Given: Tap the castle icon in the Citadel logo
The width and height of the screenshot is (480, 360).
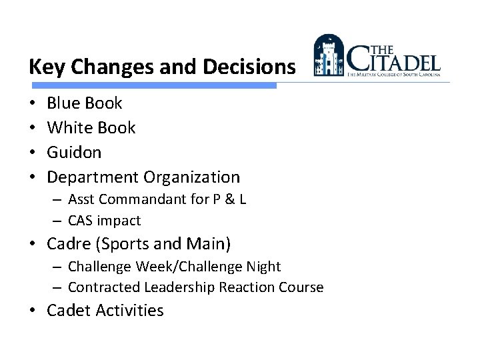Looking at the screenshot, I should [329, 56].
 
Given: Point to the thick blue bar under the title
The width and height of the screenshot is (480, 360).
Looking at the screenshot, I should [153, 85].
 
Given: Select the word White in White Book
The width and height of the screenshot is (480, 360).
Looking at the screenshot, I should [71, 127].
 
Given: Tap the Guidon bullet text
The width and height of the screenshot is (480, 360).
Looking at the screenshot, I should [74, 152].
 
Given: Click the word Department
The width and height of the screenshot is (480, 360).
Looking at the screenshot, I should [92, 177].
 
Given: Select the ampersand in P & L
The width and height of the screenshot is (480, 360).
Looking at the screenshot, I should [228, 200].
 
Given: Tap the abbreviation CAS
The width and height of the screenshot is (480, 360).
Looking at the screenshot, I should [81, 221].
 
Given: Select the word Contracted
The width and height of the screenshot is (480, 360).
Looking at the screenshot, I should [99, 287].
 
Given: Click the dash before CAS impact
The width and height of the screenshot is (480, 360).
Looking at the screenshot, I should [59, 221].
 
